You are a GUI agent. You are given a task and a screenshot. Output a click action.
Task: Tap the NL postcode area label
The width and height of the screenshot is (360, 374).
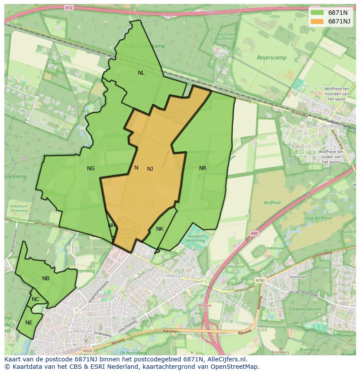pyautogui.click(x=141, y=73)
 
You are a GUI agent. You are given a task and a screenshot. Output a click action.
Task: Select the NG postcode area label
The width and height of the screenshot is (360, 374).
pyautogui.click(x=91, y=169)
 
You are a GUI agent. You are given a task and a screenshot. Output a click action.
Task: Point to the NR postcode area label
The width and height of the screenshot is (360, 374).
pyautogui.click(x=203, y=168)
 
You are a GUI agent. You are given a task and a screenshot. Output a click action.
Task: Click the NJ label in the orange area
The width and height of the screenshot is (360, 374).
pyautogui.click(x=150, y=169)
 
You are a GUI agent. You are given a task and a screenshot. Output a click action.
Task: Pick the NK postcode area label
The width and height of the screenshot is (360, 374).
pyautogui.click(x=160, y=229)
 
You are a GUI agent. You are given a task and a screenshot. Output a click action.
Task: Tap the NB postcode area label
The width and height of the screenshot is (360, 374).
pyautogui.click(x=46, y=278)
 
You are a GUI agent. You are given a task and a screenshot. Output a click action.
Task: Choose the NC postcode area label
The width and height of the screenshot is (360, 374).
pyautogui.click(x=35, y=299)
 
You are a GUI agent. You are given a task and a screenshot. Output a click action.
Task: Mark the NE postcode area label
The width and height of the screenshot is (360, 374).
pyautogui.click(x=29, y=323)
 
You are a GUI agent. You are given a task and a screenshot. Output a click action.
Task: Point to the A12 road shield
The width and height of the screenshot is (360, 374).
pyautogui.click(x=69, y=8)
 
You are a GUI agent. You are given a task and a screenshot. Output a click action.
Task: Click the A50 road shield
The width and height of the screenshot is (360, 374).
pyautogui.click(x=254, y=233)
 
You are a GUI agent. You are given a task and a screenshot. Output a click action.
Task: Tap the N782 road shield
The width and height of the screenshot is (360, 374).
pyautogui.click(x=260, y=281)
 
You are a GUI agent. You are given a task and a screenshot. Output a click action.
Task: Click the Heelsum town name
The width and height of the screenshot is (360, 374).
pyautogui.click(x=175, y=276)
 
